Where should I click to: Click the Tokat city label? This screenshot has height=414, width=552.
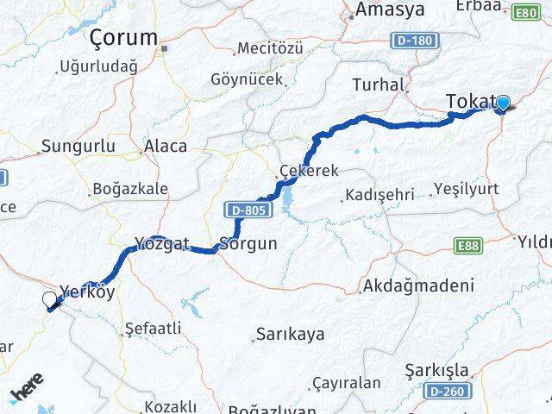[x=470, y=102]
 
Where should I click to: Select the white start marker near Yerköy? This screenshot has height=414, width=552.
[x=50, y=300]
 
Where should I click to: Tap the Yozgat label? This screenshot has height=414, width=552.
[x=161, y=243]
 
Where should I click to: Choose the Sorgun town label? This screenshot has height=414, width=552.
[x=248, y=243]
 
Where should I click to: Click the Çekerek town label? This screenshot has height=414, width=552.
[x=308, y=171]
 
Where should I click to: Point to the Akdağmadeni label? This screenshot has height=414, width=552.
[x=419, y=285]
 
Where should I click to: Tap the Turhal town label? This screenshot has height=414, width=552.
[x=378, y=85]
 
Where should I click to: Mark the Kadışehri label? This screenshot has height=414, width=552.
[x=379, y=193]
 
